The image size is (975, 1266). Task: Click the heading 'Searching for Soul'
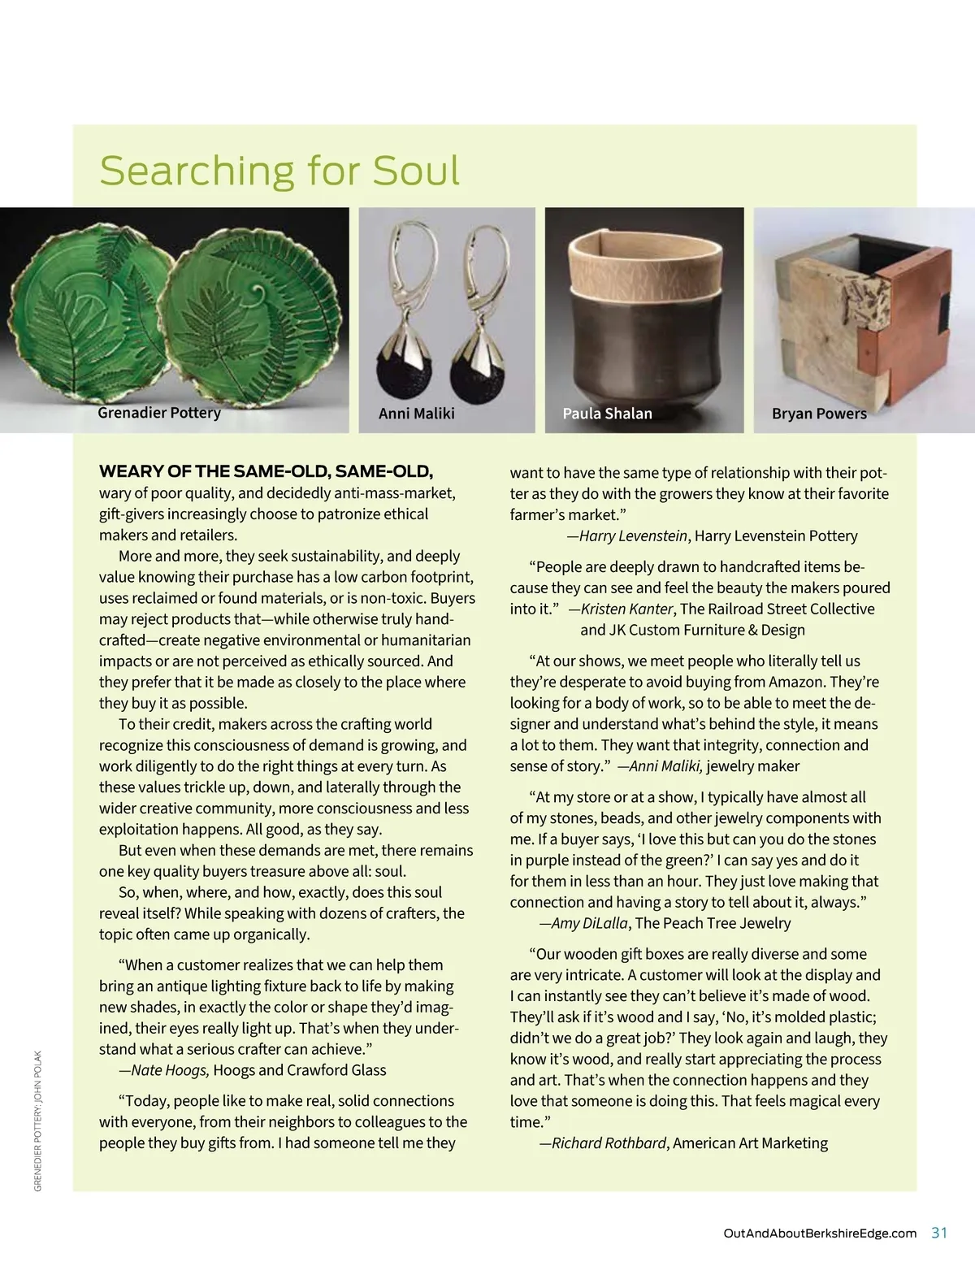(279, 171)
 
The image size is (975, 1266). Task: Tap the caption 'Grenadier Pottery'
(159, 413)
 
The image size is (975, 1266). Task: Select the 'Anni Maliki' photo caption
(416, 414)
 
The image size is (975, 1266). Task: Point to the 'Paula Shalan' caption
(607, 414)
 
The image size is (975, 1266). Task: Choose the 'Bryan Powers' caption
(819, 414)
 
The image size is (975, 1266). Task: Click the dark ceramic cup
(643, 341)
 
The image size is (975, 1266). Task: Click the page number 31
(939, 1233)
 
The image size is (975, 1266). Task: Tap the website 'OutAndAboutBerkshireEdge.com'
(819, 1233)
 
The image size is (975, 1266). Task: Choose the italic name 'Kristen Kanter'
(626, 609)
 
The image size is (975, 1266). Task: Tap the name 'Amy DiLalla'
(590, 923)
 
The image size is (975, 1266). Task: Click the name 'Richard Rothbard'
(609, 1143)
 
